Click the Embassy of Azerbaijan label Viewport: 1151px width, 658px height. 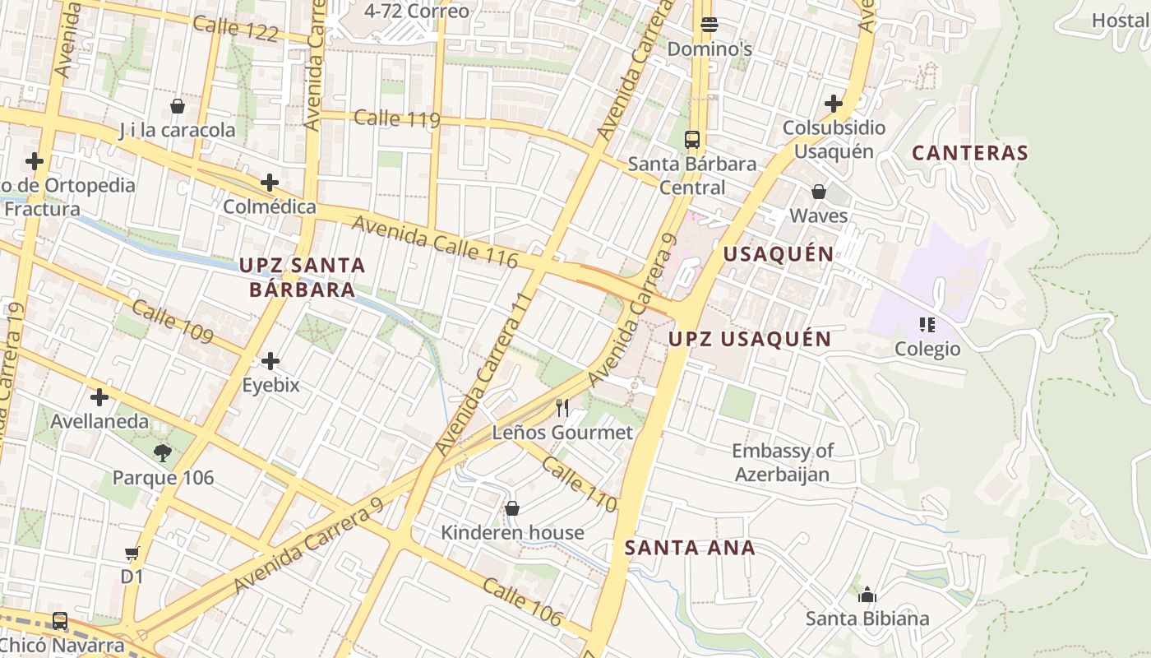[x=782, y=462]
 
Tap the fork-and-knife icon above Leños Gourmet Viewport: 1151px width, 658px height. [x=562, y=407]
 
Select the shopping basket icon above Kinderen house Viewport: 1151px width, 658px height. [x=512, y=508]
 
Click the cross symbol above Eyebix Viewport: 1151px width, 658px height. [x=270, y=361]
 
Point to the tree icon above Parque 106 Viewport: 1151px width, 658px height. [x=162, y=452]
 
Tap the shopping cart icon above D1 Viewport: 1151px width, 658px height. [x=132, y=554]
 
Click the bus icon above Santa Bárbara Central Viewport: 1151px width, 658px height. [x=692, y=139]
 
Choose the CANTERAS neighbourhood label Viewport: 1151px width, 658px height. [x=970, y=153]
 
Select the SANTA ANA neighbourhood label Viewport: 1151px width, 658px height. [x=690, y=548]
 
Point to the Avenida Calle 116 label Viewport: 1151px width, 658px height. [x=435, y=242]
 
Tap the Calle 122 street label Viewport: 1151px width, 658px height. [x=235, y=29]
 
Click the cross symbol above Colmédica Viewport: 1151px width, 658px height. [x=270, y=183]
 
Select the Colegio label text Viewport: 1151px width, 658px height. [x=927, y=349]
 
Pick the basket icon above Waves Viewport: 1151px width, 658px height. [x=819, y=192]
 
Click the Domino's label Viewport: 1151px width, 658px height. [x=710, y=49]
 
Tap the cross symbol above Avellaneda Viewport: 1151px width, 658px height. [x=99, y=398]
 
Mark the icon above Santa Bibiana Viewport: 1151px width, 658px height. [x=867, y=595]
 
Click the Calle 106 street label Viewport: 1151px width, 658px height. [x=522, y=602]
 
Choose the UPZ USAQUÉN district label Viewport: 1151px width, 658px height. [x=749, y=339]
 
